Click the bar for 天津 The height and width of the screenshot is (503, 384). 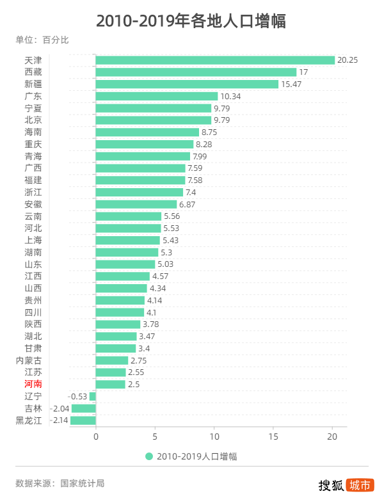click(x=215, y=60)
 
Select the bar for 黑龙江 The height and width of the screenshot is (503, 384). click(x=83, y=420)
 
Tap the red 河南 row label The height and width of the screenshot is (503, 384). click(x=33, y=384)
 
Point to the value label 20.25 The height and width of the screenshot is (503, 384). click(x=348, y=60)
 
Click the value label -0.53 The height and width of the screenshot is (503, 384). click(x=78, y=396)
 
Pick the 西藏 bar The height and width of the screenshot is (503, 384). click(x=196, y=72)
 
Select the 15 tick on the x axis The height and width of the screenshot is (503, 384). click(x=273, y=437)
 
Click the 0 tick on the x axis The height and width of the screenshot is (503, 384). click(x=96, y=437)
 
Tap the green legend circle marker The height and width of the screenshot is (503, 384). click(x=149, y=456)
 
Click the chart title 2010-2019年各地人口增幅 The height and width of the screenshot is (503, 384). click(x=191, y=21)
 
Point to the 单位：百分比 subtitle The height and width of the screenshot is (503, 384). click(x=42, y=40)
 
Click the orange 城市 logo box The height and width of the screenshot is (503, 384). click(x=360, y=485)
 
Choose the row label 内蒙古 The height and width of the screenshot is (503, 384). click(x=29, y=360)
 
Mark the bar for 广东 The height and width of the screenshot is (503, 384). click(x=157, y=96)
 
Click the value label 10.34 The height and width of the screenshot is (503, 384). click(x=230, y=96)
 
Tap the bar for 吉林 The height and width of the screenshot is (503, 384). click(x=84, y=408)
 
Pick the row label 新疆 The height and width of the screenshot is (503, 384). click(x=33, y=84)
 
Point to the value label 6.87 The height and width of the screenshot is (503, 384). click(x=189, y=204)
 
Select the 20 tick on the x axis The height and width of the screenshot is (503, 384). click(x=332, y=437)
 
